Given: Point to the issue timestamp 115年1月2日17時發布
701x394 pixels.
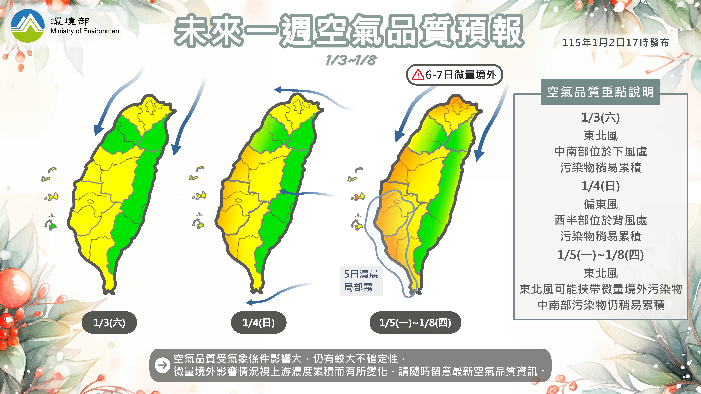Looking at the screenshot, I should point(616,43).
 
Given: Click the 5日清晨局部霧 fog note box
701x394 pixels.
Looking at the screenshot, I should point(361,281).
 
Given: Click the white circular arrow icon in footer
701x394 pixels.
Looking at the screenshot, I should point(163,365).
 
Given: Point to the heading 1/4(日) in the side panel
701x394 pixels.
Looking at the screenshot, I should point(601,186).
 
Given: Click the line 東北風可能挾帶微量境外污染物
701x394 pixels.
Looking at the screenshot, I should point(601,289).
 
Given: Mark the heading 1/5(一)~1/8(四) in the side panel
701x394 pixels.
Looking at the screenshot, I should point(601,255).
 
